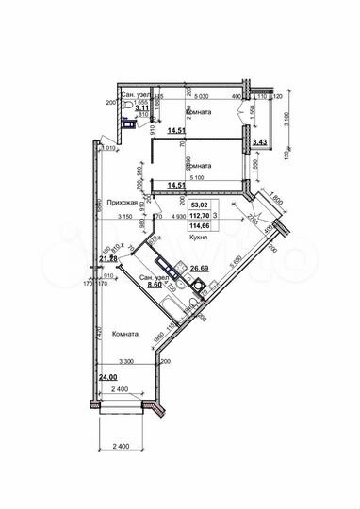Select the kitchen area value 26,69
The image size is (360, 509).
click(x=199, y=269)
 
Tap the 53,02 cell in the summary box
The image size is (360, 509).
click(x=200, y=204)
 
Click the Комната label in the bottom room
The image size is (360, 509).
click(x=125, y=335)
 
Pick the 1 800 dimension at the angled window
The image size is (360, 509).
click(x=275, y=200)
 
